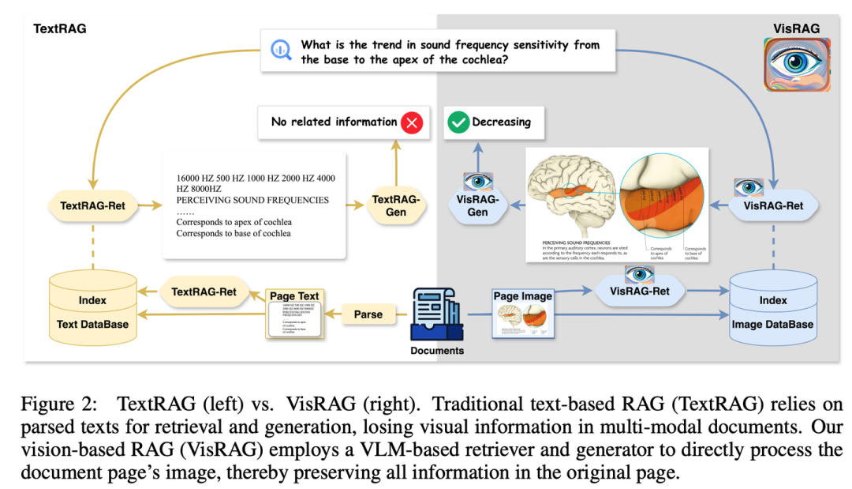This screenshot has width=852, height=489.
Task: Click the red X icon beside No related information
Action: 412,122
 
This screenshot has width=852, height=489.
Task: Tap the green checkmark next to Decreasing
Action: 458,122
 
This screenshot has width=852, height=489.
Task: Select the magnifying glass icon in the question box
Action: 282,50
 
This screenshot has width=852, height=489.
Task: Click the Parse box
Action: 368,314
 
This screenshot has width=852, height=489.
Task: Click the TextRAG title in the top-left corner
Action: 60,28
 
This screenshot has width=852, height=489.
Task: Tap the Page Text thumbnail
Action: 294,314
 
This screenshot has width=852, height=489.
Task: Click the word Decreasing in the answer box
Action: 502,122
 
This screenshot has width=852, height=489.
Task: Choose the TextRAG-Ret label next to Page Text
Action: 204,292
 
